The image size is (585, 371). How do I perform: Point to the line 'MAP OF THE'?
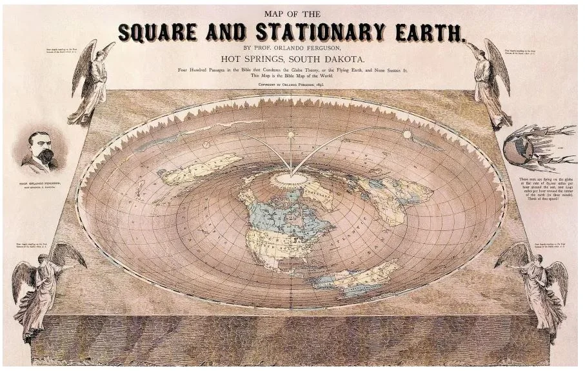[291, 14]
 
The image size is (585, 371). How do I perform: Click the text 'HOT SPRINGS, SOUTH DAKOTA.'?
[292, 58]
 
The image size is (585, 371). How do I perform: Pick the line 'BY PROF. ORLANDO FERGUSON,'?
[291, 47]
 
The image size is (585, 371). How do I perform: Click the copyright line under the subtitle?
[292, 84]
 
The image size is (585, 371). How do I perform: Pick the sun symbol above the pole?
[291, 134]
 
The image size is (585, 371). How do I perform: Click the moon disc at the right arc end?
[407, 134]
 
